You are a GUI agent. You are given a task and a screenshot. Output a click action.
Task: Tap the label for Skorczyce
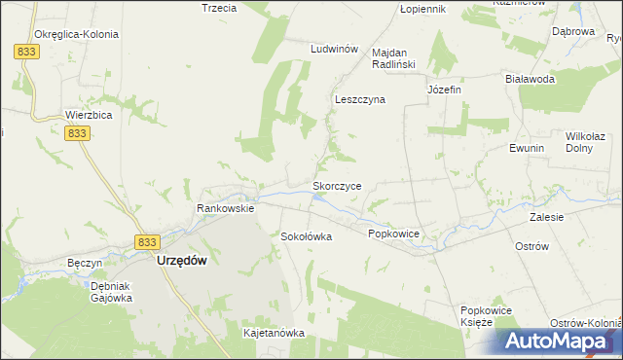click(x=337, y=185)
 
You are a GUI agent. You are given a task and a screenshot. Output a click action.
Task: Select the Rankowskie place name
click(x=225, y=208)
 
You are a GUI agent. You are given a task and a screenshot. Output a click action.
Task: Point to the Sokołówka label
click(x=307, y=236)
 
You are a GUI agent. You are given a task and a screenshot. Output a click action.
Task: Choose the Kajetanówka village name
click(x=274, y=333)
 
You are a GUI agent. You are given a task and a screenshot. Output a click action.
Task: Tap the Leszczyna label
click(x=360, y=99)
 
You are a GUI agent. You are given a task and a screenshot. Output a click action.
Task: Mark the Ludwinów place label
click(x=335, y=49)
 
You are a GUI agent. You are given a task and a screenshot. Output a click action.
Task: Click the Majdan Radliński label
click(x=395, y=58)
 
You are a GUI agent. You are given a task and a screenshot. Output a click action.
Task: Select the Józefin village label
click(x=444, y=90)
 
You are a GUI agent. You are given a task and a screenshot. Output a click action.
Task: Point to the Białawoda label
click(x=530, y=79)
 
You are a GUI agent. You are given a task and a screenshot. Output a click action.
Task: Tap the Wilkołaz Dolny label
click(x=587, y=144)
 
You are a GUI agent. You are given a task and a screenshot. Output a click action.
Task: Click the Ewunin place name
click(x=526, y=148)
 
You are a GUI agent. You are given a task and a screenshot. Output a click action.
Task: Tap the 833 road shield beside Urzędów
click(x=146, y=242)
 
